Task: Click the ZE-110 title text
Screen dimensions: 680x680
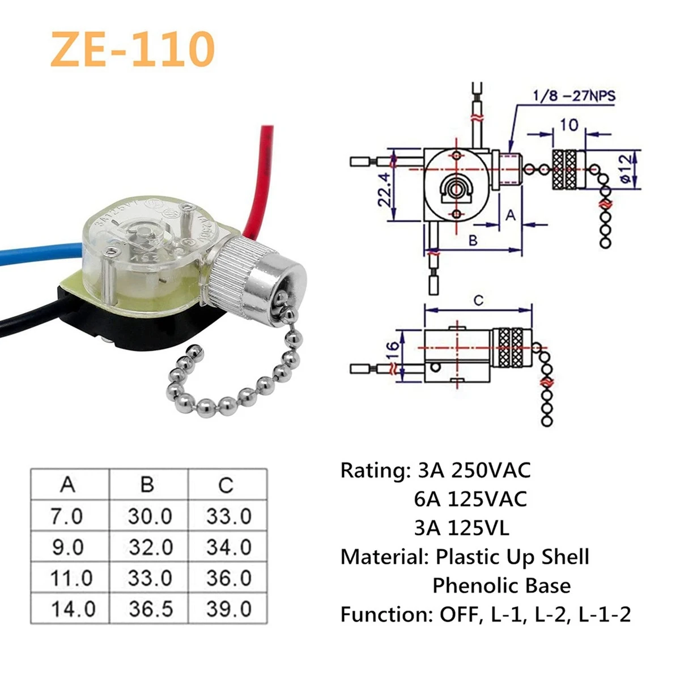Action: [x=133, y=49]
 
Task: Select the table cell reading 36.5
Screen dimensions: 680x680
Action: [x=150, y=609]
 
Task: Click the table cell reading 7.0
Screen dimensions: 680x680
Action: [x=67, y=516]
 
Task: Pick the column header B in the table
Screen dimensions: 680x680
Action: [x=147, y=485]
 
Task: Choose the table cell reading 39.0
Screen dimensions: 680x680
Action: [x=228, y=609]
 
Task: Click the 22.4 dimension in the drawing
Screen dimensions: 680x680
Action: [x=385, y=190]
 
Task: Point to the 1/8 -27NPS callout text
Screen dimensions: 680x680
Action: [x=573, y=96]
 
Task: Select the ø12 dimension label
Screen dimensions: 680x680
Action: [x=625, y=169]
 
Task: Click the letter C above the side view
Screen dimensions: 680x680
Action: [x=478, y=301]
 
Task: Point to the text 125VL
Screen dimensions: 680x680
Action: [x=478, y=528]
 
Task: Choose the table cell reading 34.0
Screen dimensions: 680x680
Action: [x=228, y=547]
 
